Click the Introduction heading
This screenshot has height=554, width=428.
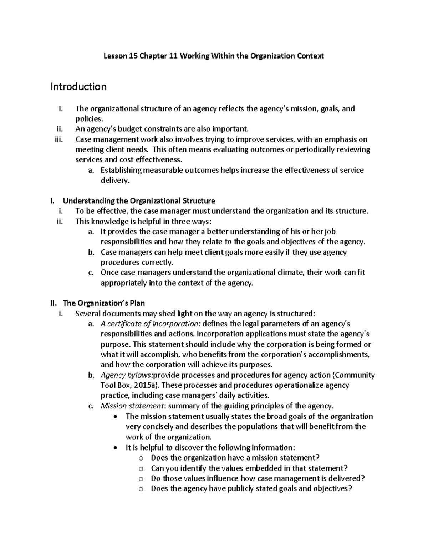click(78, 87)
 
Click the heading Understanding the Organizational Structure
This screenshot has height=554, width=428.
click(139, 200)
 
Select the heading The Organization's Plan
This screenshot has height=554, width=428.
click(104, 303)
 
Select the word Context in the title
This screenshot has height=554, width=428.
click(310, 56)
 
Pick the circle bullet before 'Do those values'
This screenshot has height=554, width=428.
click(141, 479)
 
